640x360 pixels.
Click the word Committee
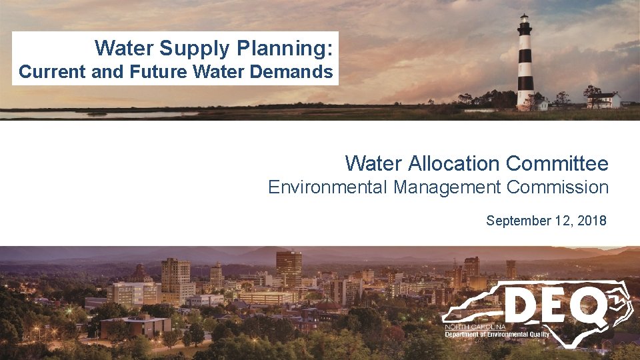557,163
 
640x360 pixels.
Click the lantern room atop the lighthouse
525,19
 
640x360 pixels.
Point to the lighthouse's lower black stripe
525,84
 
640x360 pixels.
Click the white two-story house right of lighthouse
603,100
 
